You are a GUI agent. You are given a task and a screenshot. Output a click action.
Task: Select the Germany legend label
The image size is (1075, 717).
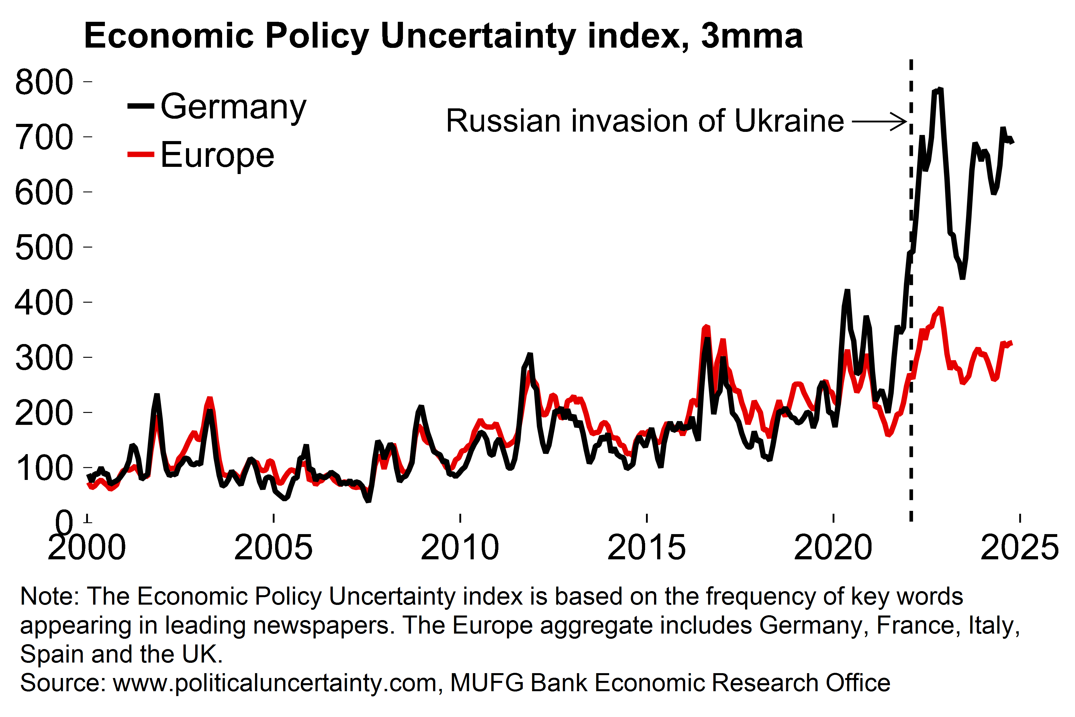233,107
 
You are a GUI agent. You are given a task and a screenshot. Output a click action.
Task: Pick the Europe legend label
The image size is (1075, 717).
217,155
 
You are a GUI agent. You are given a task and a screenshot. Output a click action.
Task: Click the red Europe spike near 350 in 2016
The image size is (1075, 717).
706,327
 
